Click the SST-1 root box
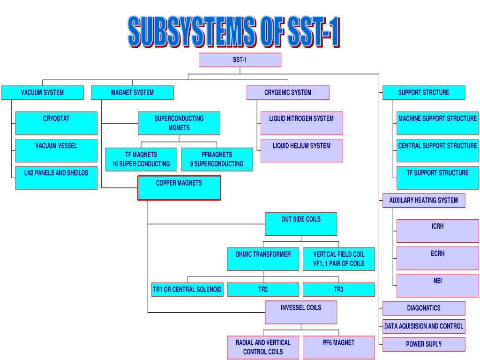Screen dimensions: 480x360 click(240, 60)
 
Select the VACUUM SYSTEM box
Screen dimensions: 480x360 click(42, 93)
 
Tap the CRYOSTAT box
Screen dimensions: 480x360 click(56, 123)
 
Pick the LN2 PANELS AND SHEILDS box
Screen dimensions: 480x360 click(56, 177)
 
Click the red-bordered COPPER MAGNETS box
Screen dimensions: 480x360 click(179, 187)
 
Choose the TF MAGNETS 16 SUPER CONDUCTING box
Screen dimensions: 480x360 click(141, 159)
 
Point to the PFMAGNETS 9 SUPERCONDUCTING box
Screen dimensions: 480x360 click(217, 159)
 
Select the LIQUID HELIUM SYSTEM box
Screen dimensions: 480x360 click(301, 150)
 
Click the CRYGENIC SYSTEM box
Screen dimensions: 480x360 click(288, 93)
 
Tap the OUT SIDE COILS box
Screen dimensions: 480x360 click(301, 224)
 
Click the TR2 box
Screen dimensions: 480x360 click(263, 290)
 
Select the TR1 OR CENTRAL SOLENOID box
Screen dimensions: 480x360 click(187, 290)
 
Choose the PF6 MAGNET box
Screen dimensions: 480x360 click(338, 347)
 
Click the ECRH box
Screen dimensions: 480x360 click(437, 258)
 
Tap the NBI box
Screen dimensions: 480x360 click(437, 285)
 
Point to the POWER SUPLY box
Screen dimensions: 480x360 click(424, 344)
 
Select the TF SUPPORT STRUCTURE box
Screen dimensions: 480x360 click(437, 177)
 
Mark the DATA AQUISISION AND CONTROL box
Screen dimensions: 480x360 click(424, 326)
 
